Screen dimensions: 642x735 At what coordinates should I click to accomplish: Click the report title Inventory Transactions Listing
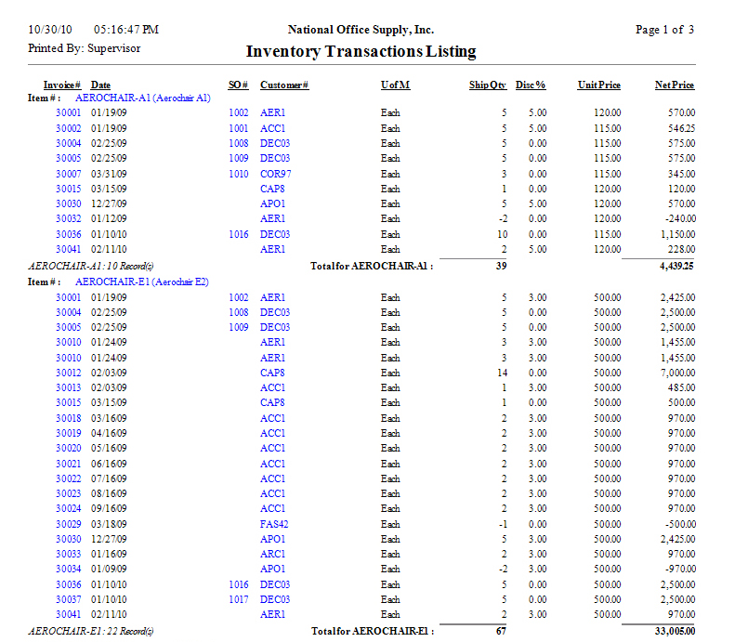pos(361,52)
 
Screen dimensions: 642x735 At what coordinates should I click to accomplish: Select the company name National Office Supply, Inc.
pos(361,30)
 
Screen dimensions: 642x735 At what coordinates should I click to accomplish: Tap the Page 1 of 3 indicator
pos(664,30)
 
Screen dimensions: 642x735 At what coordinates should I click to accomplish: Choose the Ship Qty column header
pos(487,85)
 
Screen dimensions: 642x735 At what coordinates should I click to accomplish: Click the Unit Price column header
pos(598,85)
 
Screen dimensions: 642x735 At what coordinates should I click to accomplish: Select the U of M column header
pos(395,85)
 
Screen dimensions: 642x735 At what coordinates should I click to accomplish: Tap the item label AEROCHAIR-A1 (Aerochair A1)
pos(143,97)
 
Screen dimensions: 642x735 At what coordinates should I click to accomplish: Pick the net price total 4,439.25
pos(675,265)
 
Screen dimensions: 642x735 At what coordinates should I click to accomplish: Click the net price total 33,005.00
pos(673,630)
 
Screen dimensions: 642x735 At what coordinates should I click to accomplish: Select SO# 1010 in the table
pos(238,174)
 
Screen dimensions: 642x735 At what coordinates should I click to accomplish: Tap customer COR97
pos(275,174)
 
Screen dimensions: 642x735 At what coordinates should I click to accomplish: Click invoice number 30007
pos(69,174)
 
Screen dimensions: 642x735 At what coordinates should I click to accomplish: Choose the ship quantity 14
pos(502,373)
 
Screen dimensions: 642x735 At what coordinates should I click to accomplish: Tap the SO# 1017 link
pos(238,599)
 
